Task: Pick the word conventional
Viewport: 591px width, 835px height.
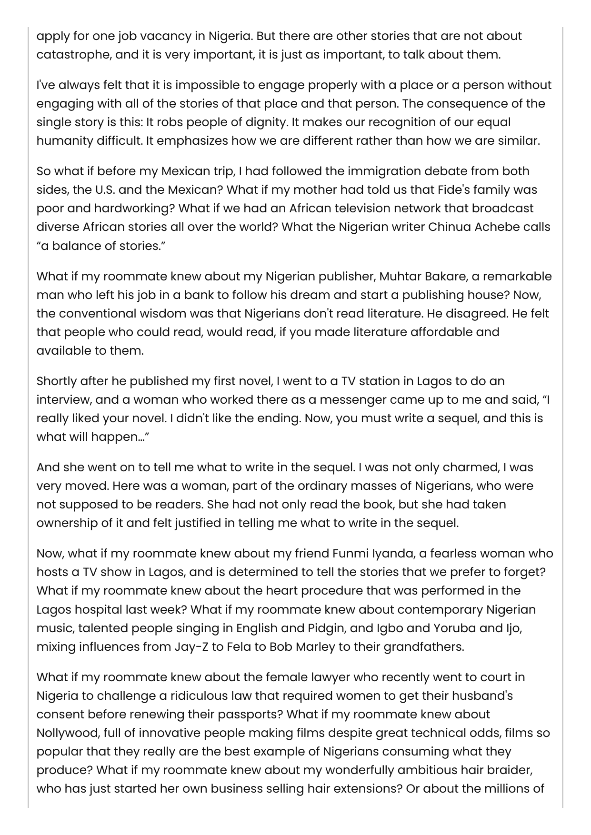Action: click(100, 314)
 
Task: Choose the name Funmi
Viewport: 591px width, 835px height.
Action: click(350, 554)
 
